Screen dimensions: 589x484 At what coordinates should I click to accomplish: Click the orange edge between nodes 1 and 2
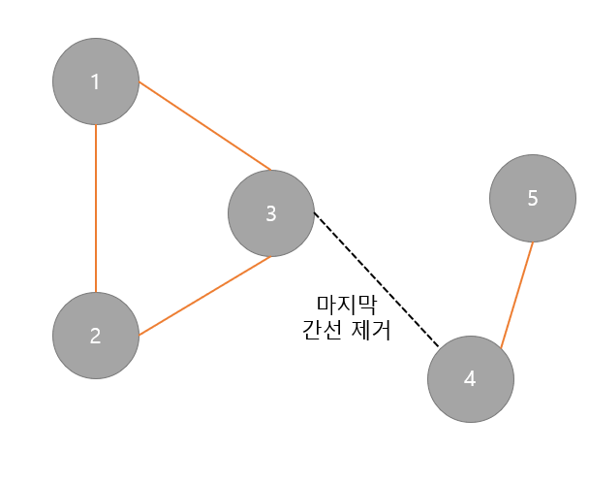95,208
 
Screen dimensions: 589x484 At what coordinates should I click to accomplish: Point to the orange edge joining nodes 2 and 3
204,296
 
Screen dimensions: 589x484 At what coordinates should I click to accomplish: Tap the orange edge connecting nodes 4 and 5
516,293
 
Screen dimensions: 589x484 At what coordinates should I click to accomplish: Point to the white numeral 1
95,81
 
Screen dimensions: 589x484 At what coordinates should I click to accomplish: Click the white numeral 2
95,337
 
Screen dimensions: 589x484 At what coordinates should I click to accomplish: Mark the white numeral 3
271,213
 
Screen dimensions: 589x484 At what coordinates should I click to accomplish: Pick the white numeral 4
471,379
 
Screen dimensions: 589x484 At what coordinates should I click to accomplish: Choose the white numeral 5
532,199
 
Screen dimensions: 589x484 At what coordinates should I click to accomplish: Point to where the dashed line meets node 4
439,347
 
